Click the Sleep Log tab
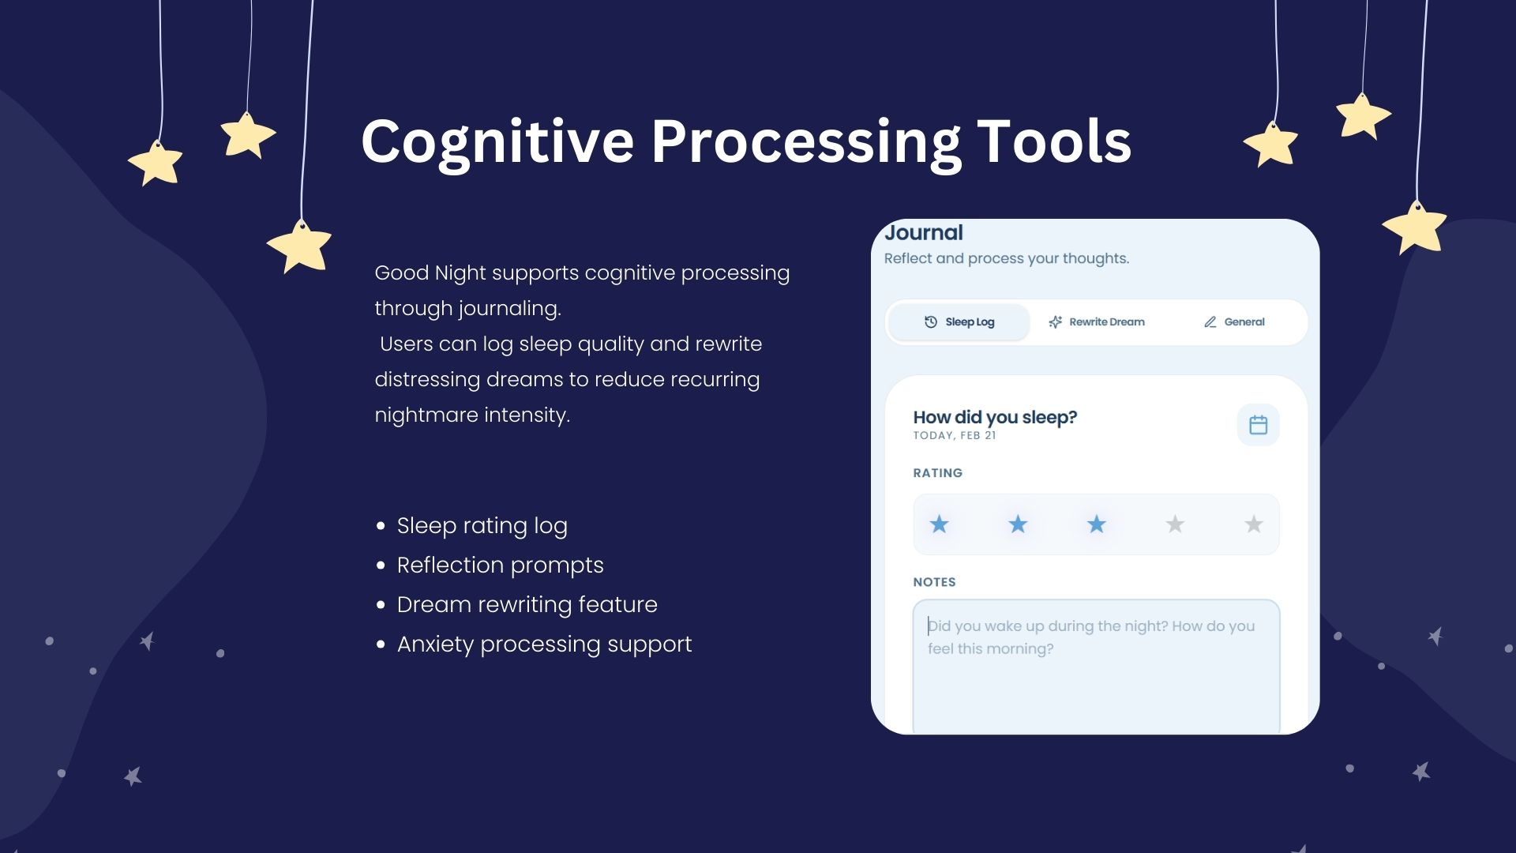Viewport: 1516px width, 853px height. click(x=959, y=322)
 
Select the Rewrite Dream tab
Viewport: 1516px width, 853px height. click(x=1097, y=322)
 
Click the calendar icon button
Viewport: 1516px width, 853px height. click(x=1258, y=425)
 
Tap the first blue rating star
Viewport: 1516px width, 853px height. click(x=939, y=524)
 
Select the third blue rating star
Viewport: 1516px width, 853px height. click(x=1096, y=524)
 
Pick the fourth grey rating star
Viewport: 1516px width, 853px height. click(x=1175, y=524)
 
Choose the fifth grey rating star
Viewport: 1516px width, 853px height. click(x=1253, y=524)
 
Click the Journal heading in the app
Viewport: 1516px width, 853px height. click(x=924, y=233)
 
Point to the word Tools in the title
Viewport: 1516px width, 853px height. click(x=1054, y=142)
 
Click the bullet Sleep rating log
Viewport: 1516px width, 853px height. click(x=482, y=526)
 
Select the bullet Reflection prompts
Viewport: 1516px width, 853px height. click(x=500, y=566)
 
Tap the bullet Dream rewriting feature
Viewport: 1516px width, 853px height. click(x=527, y=605)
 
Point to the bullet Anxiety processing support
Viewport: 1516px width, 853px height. click(x=544, y=644)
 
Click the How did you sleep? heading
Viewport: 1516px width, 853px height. click(x=995, y=417)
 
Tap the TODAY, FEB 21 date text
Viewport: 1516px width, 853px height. click(x=955, y=436)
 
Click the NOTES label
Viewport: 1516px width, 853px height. click(x=934, y=582)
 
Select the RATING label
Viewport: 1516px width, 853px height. click(x=937, y=473)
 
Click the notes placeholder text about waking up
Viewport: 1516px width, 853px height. click(x=1090, y=637)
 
